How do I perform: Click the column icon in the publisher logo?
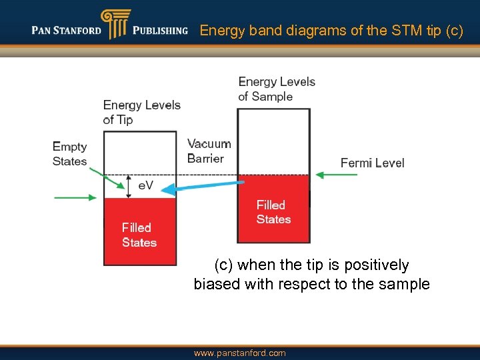[x=114, y=25]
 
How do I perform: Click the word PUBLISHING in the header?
[x=160, y=30]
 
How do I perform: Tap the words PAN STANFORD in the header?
[x=67, y=30]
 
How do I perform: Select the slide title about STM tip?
[x=331, y=30]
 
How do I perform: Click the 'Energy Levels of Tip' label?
[x=141, y=112]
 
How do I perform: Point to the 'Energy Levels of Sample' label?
[x=277, y=89]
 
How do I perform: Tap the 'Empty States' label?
[x=70, y=154]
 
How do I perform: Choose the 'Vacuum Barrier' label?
[x=209, y=151]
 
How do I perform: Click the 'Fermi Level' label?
[x=372, y=163]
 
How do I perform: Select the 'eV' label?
[x=146, y=186]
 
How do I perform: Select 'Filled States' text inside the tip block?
[x=139, y=235]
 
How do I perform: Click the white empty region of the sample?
[x=273, y=140]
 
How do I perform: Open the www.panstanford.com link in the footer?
[x=239, y=353]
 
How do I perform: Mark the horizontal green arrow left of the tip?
[x=75, y=197]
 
